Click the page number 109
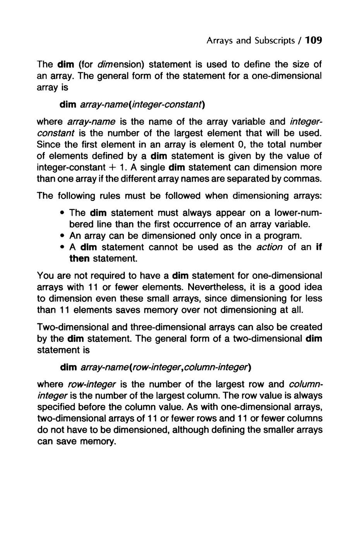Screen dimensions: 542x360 click(313, 40)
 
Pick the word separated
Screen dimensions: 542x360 click(254, 179)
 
